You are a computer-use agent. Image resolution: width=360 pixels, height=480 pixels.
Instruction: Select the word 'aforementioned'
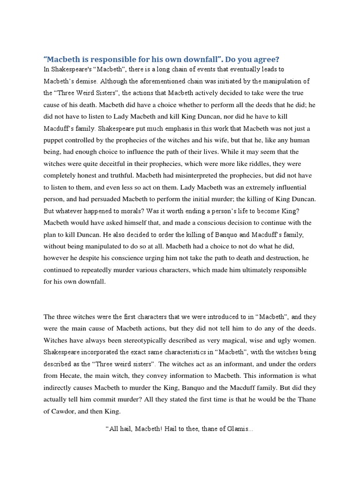coord(148,81)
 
